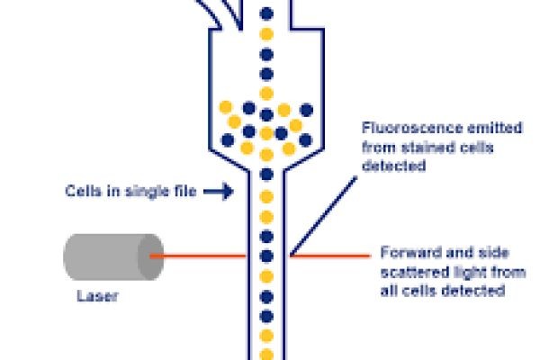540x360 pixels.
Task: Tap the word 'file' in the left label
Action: tap(178, 191)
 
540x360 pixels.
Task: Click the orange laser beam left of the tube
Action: tap(197, 256)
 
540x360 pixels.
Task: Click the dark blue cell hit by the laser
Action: tap(265, 256)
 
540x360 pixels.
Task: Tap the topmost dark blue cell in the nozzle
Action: tap(265, 13)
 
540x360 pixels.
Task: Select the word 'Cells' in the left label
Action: tap(82, 191)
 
